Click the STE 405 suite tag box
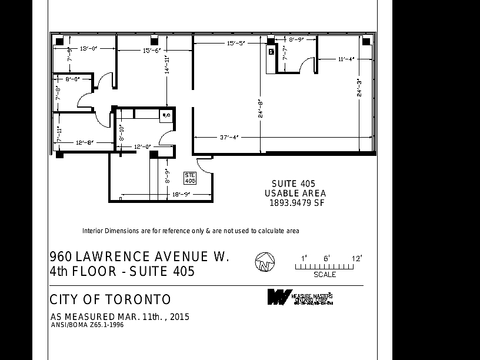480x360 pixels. tap(190, 178)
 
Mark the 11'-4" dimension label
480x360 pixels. tap(346, 59)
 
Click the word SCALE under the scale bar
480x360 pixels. tap(325, 275)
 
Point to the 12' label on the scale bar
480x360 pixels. tap(356, 258)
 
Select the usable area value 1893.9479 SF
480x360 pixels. tap(297, 204)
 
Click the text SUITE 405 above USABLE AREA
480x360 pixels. tap(293, 184)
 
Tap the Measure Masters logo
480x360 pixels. tap(300, 297)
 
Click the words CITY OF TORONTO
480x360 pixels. tap(110, 299)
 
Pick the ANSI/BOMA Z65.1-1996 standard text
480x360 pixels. tap(87, 325)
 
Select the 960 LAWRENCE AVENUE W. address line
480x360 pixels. tap(139, 257)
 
